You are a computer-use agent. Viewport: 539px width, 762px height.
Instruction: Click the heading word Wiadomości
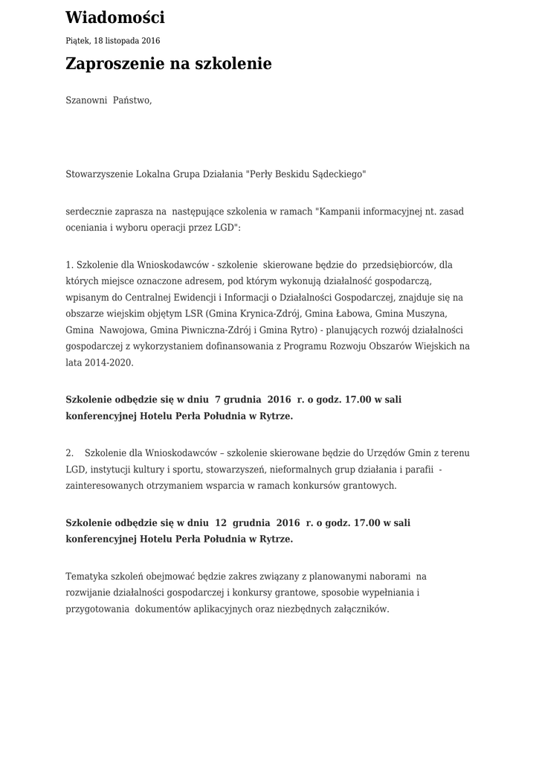point(115,18)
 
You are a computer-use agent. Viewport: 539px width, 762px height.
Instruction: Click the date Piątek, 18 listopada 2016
point(112,41)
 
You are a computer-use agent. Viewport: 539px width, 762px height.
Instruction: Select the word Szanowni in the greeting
point(86,100)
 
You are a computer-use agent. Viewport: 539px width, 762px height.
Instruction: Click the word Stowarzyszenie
point(99,174)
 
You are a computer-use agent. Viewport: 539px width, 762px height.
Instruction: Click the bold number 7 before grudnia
point(217,400)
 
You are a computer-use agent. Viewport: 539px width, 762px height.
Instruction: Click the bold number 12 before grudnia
point(221,523)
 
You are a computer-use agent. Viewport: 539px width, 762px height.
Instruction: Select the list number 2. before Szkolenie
point(70,453)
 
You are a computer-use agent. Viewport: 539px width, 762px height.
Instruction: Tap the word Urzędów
point(383,453)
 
